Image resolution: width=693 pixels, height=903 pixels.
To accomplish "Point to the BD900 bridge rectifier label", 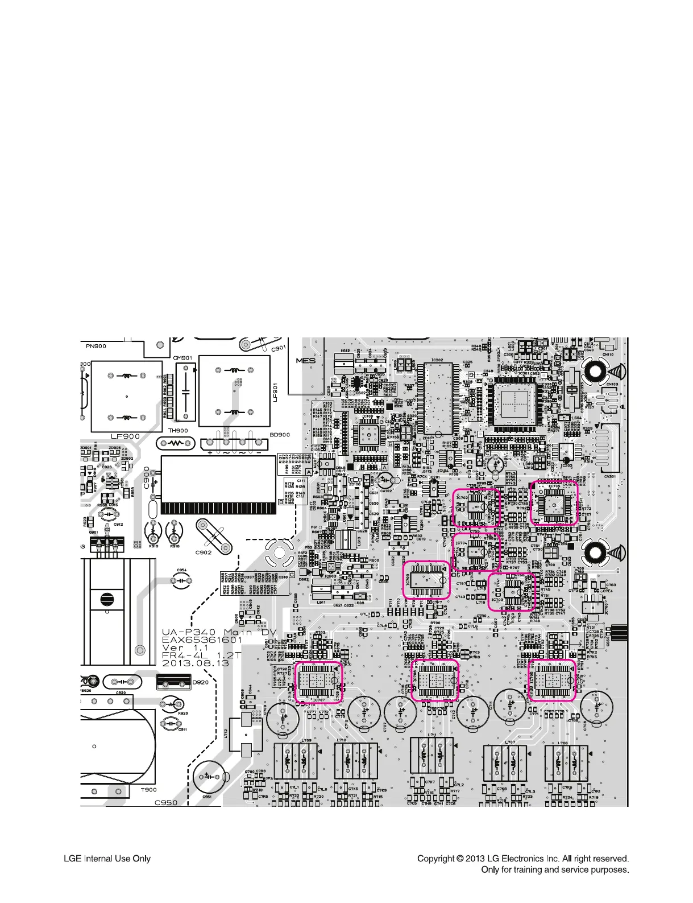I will pos(279,435).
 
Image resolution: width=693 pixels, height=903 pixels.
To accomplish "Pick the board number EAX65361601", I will pos(202,640).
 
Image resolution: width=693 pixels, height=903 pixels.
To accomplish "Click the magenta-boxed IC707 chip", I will pos(318,682).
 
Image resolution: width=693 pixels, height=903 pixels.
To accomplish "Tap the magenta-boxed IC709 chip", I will pos(426,579).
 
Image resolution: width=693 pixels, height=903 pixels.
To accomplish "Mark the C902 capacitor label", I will pos(204,552).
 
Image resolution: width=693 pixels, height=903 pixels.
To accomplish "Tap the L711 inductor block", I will pos(431,757).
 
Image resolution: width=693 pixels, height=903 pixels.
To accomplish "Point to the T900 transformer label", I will pos(148,790).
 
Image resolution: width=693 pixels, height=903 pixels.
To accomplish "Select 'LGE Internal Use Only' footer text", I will pos(107,859).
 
